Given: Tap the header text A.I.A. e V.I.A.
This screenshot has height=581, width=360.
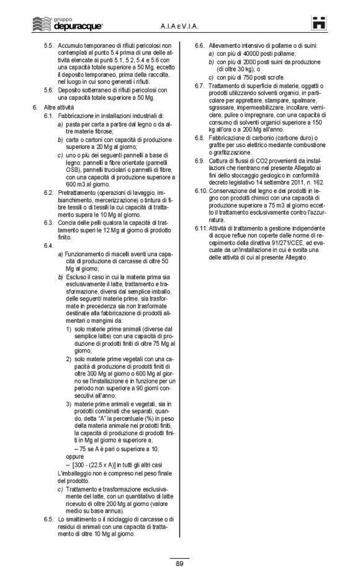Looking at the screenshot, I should [178, 25].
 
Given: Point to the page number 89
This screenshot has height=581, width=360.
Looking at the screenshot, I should [179, 563].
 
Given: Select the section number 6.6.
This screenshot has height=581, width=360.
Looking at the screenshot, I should [200, 47].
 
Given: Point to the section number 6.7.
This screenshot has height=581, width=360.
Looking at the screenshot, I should [200, 85].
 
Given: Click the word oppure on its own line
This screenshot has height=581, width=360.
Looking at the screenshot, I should [74, 462].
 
